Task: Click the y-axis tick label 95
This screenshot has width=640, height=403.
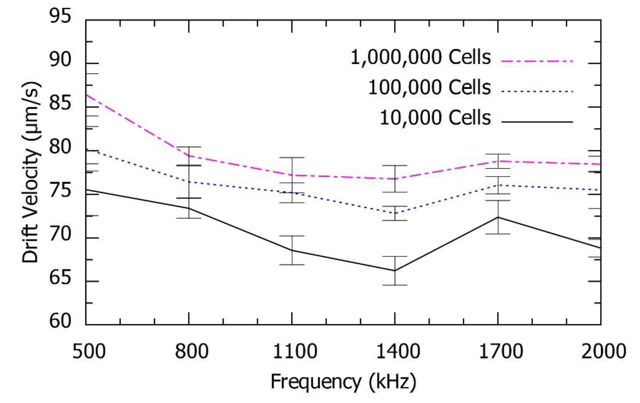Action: [60, 16]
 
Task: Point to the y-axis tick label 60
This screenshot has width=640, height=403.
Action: [60, 321]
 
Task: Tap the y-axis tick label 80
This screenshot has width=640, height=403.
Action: [60, 147]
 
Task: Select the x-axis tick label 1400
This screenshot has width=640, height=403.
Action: [398, 352]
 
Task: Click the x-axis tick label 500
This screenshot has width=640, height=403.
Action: [89, 352]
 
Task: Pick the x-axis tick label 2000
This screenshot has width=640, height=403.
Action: [603, 352]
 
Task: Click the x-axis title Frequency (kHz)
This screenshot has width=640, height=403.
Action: [343, 382]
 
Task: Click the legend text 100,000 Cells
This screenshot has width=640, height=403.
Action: [429, 87]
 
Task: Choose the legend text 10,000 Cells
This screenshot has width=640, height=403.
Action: [435, 118]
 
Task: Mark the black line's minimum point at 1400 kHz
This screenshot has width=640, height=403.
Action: [395, 271]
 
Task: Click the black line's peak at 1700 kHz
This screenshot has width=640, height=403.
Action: [498, 217]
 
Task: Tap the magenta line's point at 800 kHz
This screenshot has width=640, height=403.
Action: [189, 156]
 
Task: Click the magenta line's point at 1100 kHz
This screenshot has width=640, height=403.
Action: [292, 175]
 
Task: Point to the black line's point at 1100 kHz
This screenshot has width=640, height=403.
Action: [292, 250]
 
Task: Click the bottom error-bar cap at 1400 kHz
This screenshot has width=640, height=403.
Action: [395, 285]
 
